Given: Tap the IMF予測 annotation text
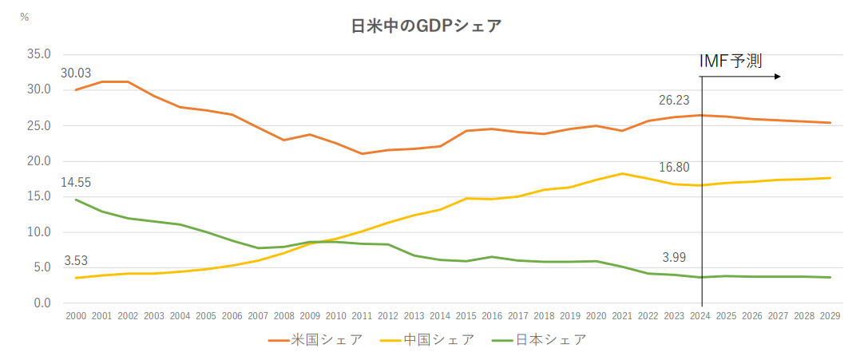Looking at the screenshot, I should [731, 61].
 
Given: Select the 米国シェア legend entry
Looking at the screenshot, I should [315, 340].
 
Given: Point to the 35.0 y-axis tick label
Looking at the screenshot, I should [38, 54].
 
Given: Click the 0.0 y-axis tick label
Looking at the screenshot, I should [42, 303].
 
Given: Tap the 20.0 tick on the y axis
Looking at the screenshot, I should [38, 161].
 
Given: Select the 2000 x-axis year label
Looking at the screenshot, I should [76, 317].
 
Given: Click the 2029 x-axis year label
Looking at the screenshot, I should [831, 317].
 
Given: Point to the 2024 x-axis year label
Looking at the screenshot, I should [701, 317].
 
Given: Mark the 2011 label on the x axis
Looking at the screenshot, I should [363, 317].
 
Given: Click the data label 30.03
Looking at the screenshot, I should [76, 73].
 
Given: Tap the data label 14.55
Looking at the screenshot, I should [76, 181].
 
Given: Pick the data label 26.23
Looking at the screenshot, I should [674, 100].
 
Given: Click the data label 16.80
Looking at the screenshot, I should [674, 168].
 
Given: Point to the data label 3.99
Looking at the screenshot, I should [674, 257].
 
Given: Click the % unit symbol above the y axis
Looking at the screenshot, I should [24, 17].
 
